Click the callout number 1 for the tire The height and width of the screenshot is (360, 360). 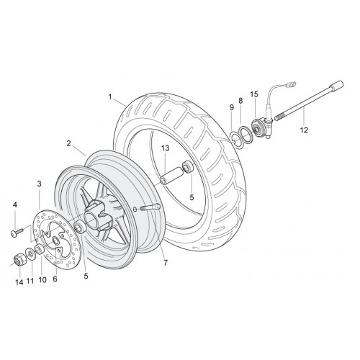[110, 97]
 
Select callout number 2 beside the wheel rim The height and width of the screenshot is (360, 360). [69, 143]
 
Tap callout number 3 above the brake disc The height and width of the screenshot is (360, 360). [40, 184]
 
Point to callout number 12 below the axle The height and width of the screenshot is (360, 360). [304, 130]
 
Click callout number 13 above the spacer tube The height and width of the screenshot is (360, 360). [166, 148]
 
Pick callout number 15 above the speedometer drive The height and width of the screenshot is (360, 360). [254, 94]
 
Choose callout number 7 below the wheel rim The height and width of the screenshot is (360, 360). [166, 263]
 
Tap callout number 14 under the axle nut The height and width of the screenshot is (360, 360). [19, 282]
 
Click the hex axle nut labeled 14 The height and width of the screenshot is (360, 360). [18, 259]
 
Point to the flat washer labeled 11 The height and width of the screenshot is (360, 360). [30, 253]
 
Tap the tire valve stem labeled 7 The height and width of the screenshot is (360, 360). [149, 207]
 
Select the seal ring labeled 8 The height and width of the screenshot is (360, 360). [245, 135]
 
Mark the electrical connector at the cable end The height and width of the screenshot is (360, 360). [291, 85]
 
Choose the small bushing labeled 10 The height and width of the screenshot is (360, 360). [40, 250]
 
